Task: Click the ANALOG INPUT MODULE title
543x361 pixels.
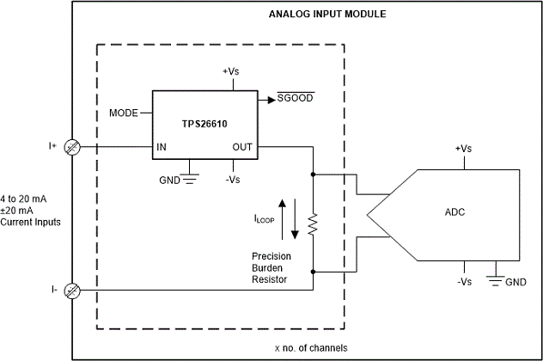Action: click(x=327, y=15)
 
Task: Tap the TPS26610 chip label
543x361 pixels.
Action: click(x=204, y=124)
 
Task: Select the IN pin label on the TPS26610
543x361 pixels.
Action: click(x=162, y=147)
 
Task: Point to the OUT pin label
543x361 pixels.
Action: click(x=242, y=147)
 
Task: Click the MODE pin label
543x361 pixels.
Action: click(x=124, y=113)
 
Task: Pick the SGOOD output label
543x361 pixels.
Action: click(x=295, y=98)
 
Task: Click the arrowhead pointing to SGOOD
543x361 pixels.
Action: click(x=271, y=100)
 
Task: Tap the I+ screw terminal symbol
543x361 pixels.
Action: click(x=72, y=147)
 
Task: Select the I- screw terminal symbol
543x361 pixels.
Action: click(x=72, y=291)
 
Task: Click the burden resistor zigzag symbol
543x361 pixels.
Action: click(x=313, y=224)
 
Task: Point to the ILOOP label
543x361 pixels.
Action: click(x=265, y=219)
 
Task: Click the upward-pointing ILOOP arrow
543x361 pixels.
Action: click(x=282, y=219)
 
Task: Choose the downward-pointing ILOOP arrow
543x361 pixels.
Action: click(x=295, y=219)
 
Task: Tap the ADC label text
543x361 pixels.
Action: click(x=455, y=212)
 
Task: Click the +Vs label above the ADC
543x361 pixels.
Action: click(x=463, y=149)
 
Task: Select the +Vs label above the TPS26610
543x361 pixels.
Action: click(x=230, y=71)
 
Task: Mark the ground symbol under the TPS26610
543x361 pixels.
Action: click(x=189, y=179)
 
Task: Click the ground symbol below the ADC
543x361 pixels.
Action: click(x=496, y=280)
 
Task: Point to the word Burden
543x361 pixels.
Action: click(x=267, y=268)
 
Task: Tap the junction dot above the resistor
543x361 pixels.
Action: click(x=313, y=174)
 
